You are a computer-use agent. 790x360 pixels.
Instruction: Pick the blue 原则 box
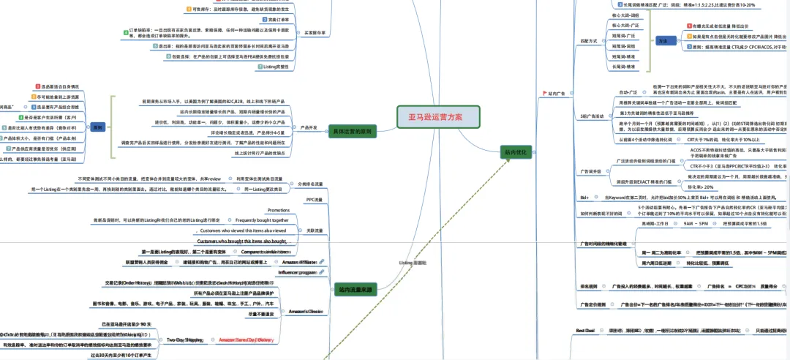pos(98,126)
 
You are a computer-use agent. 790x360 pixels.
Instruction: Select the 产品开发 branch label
pos(308,127)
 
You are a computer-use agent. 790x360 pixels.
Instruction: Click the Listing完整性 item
pos(282,67)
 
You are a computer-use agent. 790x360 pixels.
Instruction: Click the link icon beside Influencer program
pos(320,271)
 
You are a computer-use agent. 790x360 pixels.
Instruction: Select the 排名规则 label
pos(590,285)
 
